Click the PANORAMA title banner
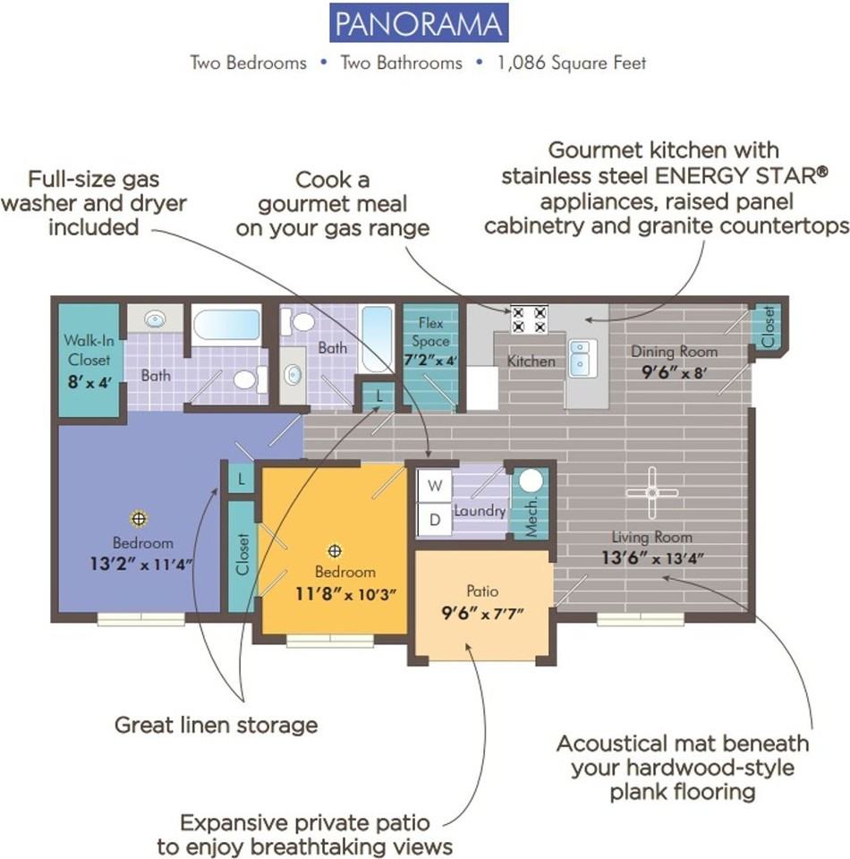pyautogui.click(x=419, y=23)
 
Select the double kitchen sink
pyautogui.click(x=581, y=358)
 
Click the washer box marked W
pyautogui.click(x=435, y=486)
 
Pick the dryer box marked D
pyautogui.click(x=435, y=519)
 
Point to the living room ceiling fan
pyautogui.click(x=651, y=493)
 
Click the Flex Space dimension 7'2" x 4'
pyautogui.click(x=430, y=361)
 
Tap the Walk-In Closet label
pyautogui.click(x=89, y=350)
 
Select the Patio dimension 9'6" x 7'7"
pyautogui.click(x=482, y=614)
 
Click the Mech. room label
pyautogui.click(x=531, y=516)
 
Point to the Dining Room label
pyautogui.click(x=675, y=352)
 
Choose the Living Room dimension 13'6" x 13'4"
pyautogui.click(x=652, y=558)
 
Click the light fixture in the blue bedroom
pyautogui.click(x=139, y=518)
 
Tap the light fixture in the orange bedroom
pyautogui.click(x=335, y=550)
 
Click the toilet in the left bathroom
pyautogui.click(x=250, y=379)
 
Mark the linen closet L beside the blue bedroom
pyautogui.click(x=241, y=480)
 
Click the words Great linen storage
pyautogui.click(x=217, y=726)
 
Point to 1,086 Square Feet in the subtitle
pyautogui.click(x=571, y=63)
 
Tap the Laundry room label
pyautogui.click(x=480, y=511)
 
